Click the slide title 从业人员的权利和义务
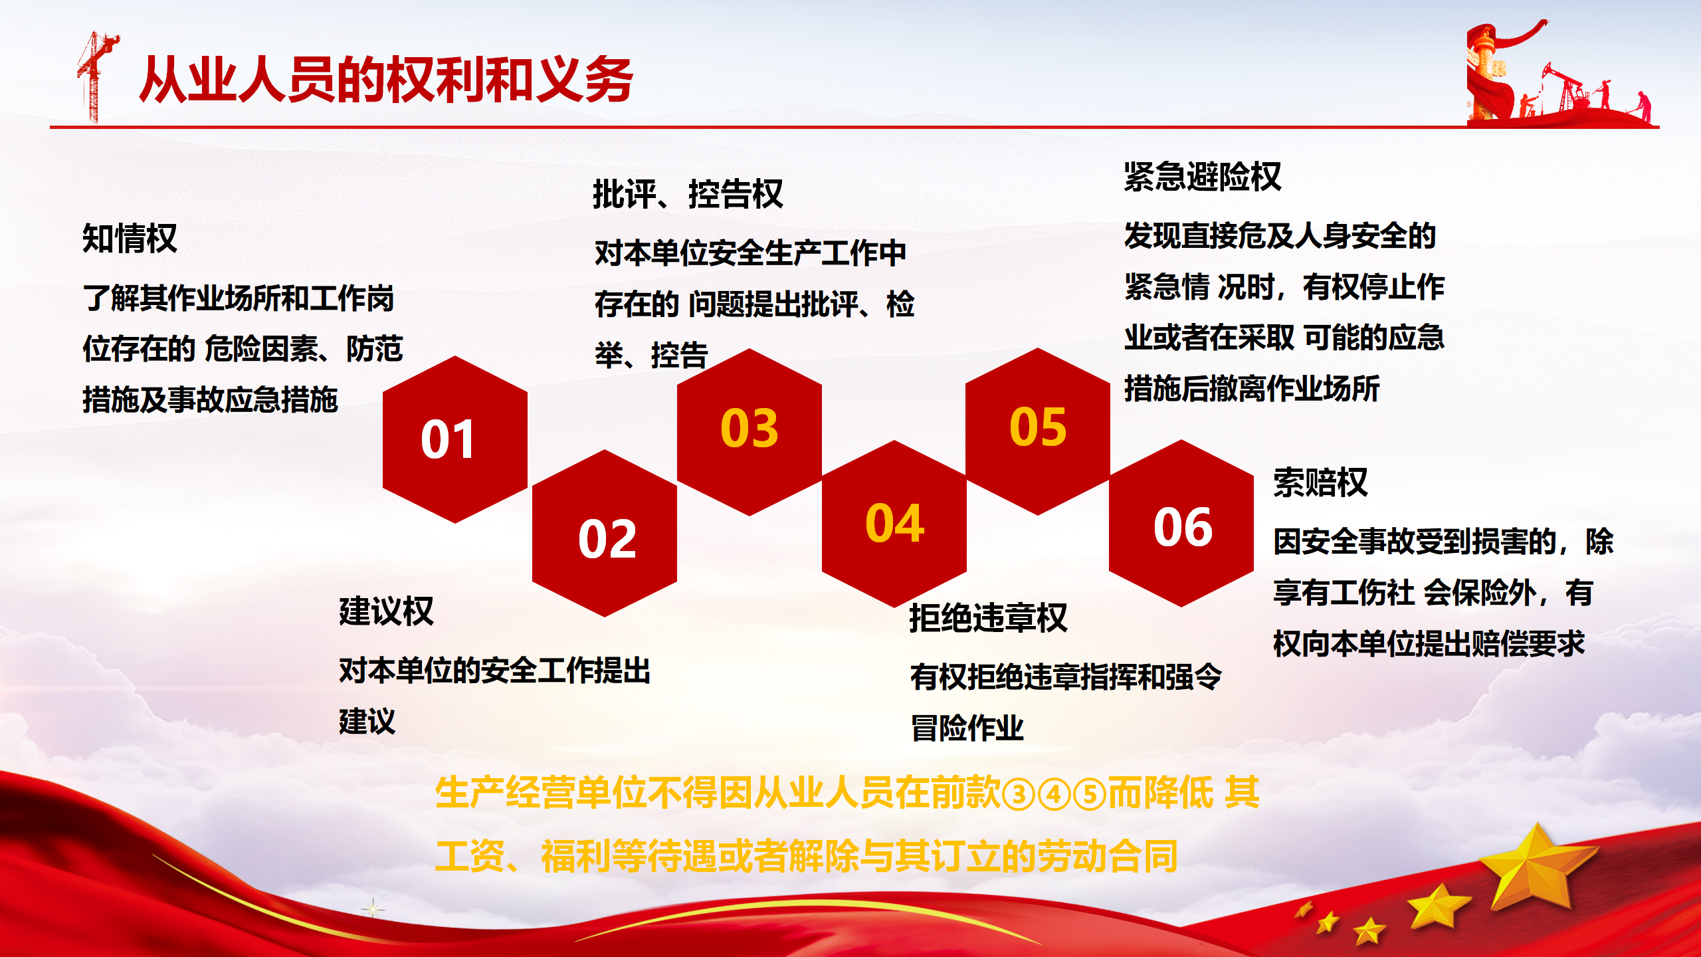386,80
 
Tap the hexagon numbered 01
455,439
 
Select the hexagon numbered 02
605,533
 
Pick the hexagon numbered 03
750,432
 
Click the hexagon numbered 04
894,524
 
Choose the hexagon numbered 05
1038,431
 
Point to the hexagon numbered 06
1181,523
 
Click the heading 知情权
130,238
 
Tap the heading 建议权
386,611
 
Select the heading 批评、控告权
688,194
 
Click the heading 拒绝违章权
988,618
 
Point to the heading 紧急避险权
1203,177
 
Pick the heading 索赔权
1320,482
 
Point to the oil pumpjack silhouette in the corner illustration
1565,90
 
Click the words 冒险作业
967,728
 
